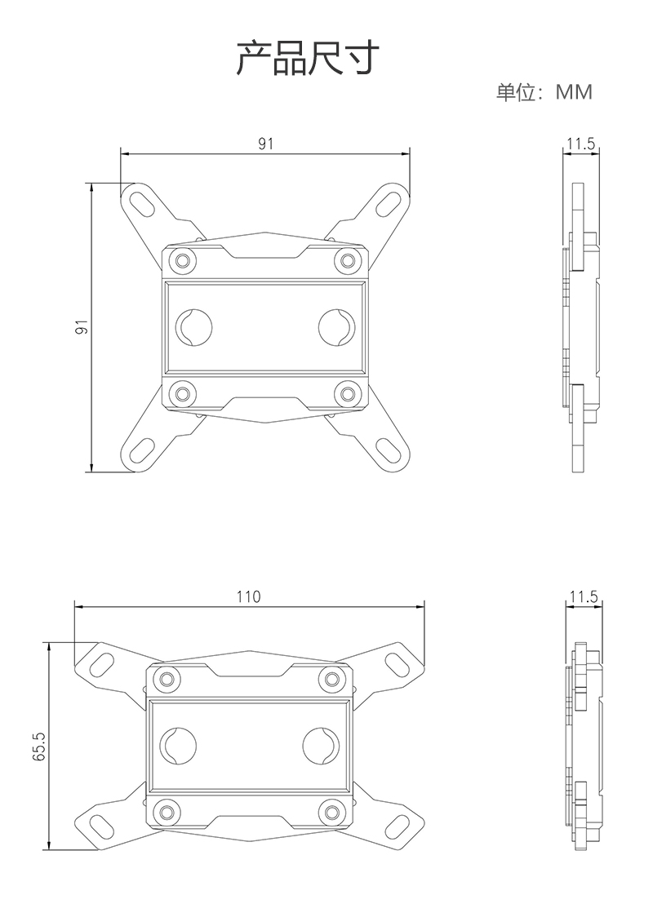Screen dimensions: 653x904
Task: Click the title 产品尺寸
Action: tap(308, 58)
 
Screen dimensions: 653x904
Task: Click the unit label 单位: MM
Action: tap(544, 92)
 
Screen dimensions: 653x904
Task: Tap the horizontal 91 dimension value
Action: tap(265, 144)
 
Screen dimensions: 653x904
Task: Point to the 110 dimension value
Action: tap(249, 596)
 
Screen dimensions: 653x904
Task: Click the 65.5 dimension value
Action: tap(38, 747)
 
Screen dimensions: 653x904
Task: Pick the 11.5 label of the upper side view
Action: tap(580, 144)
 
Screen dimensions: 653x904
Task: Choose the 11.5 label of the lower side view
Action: tap(584, 596)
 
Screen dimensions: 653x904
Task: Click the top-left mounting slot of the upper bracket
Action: tap(142, 202)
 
